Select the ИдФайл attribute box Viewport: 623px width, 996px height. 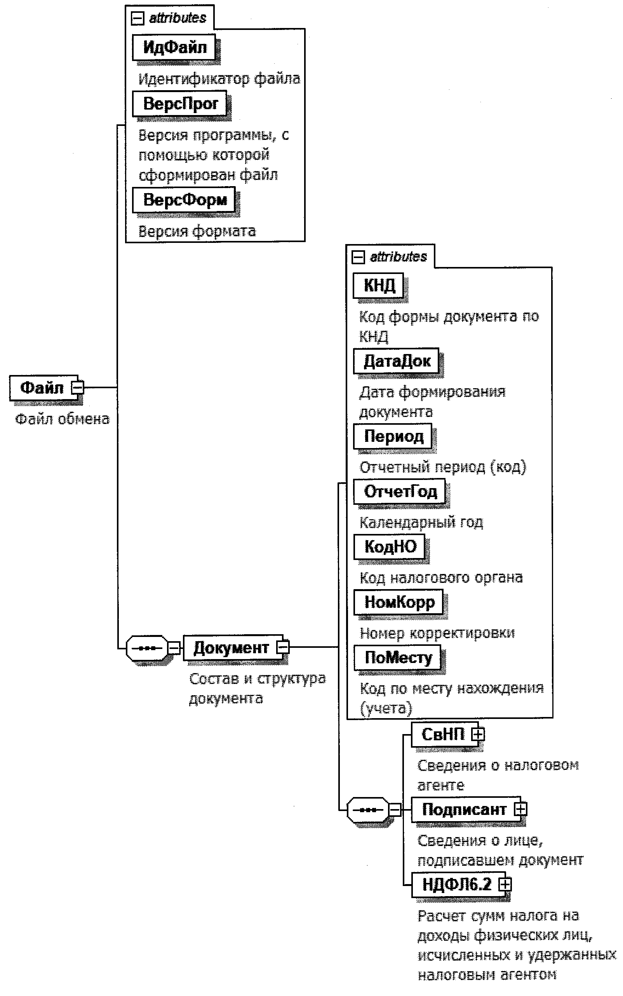tap(174, 47)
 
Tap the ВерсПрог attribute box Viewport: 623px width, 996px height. tap(180, 103)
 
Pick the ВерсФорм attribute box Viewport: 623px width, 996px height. tap(184, 200)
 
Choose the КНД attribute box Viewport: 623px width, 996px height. tap(379, 285)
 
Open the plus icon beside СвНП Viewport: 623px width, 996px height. tap(478, 734)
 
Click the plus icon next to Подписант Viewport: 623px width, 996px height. tap(520, 809)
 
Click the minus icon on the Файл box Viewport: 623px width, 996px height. tap(77, 387)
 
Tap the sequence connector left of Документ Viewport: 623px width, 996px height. tap(147, 648)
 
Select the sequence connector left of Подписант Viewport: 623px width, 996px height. tap(368, 809)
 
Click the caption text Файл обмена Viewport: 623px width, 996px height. tap(62, 419)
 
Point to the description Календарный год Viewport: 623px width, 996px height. tap(421, 522)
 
